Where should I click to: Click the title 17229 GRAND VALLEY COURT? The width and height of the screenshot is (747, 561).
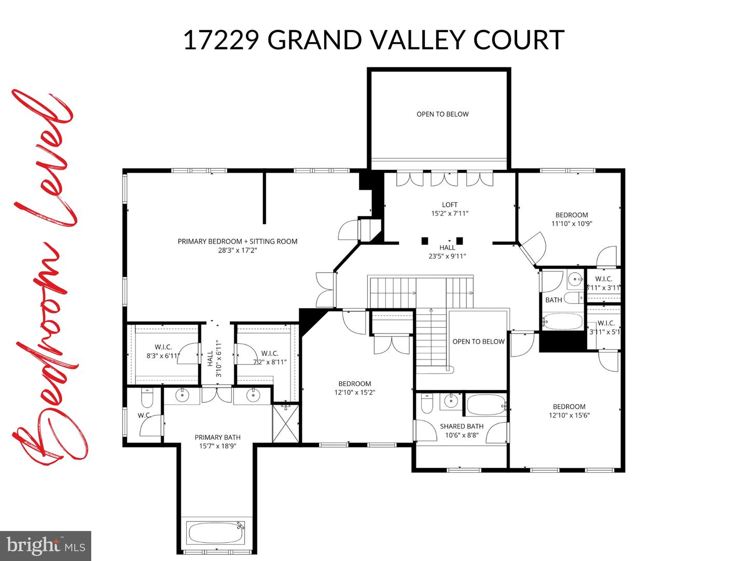(374, 40)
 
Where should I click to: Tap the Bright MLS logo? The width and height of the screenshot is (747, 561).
(46, 545)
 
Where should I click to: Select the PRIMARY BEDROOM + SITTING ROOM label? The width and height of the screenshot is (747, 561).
(238, 242)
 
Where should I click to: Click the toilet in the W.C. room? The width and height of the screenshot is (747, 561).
(147, 399)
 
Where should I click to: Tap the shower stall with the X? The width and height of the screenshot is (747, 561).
(285, 423)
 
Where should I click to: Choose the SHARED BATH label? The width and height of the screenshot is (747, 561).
(462, 426)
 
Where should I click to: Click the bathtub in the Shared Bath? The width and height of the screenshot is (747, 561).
(486, 405)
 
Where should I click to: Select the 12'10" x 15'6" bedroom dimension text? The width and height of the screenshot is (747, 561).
(569, 415)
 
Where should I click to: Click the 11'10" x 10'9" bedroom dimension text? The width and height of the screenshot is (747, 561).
(572, 224)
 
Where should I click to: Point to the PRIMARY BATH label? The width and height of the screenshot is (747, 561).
(217, 437)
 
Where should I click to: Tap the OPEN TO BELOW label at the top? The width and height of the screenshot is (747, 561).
(442, 114)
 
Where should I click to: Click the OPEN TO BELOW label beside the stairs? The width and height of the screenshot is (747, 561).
(478, 341)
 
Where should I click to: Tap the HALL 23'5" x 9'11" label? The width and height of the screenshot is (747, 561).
(447, 252)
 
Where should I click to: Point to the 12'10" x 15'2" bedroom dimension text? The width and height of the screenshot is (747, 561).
(355, 393)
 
